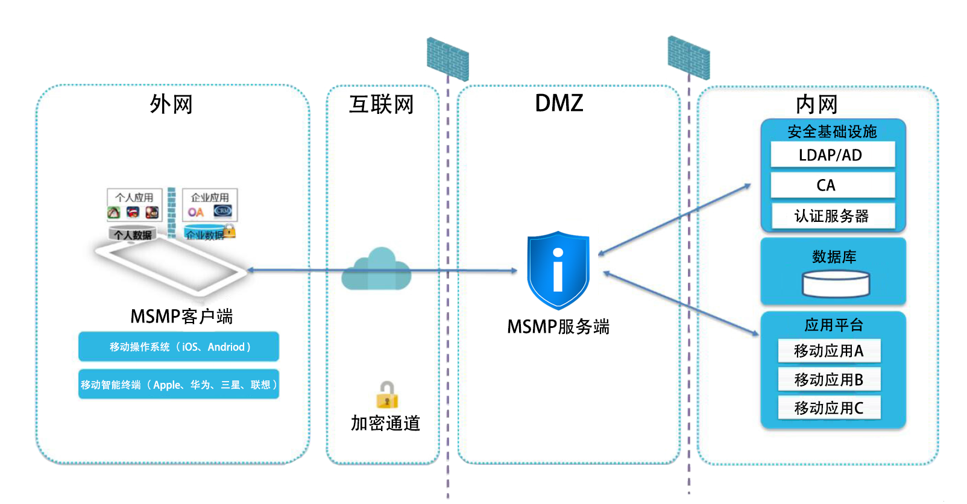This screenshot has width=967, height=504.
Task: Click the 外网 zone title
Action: (171, 104)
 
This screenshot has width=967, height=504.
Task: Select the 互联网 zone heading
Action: (382, 104)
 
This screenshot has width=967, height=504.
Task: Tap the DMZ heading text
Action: (559, 103)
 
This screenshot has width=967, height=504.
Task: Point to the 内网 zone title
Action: (817, 104)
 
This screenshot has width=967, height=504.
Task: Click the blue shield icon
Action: (558, 269)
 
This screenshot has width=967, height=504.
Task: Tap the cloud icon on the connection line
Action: (377, 269)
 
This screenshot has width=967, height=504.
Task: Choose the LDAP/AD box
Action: (832, 155)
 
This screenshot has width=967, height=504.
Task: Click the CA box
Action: (832, 185)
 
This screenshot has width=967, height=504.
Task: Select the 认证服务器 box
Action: (832, 216)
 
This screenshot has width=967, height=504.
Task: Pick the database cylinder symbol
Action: (836, 284)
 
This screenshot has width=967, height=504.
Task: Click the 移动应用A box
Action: (829, 350)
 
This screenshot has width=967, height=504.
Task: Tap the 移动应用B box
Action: (829, 379)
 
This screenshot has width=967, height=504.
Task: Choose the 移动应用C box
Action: (829, 408)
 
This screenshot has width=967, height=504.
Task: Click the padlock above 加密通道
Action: (387, 395)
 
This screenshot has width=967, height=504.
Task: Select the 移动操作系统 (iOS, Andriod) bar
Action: (178, 347)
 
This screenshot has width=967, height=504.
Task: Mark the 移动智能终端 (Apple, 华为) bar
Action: (178, 385)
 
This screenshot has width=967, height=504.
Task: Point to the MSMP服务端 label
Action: (558, 327)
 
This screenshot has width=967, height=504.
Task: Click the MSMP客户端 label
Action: (181, 316)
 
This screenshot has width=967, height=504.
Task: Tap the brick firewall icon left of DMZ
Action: (447, 58)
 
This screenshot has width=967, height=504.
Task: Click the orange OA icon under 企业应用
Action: (195, 212)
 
